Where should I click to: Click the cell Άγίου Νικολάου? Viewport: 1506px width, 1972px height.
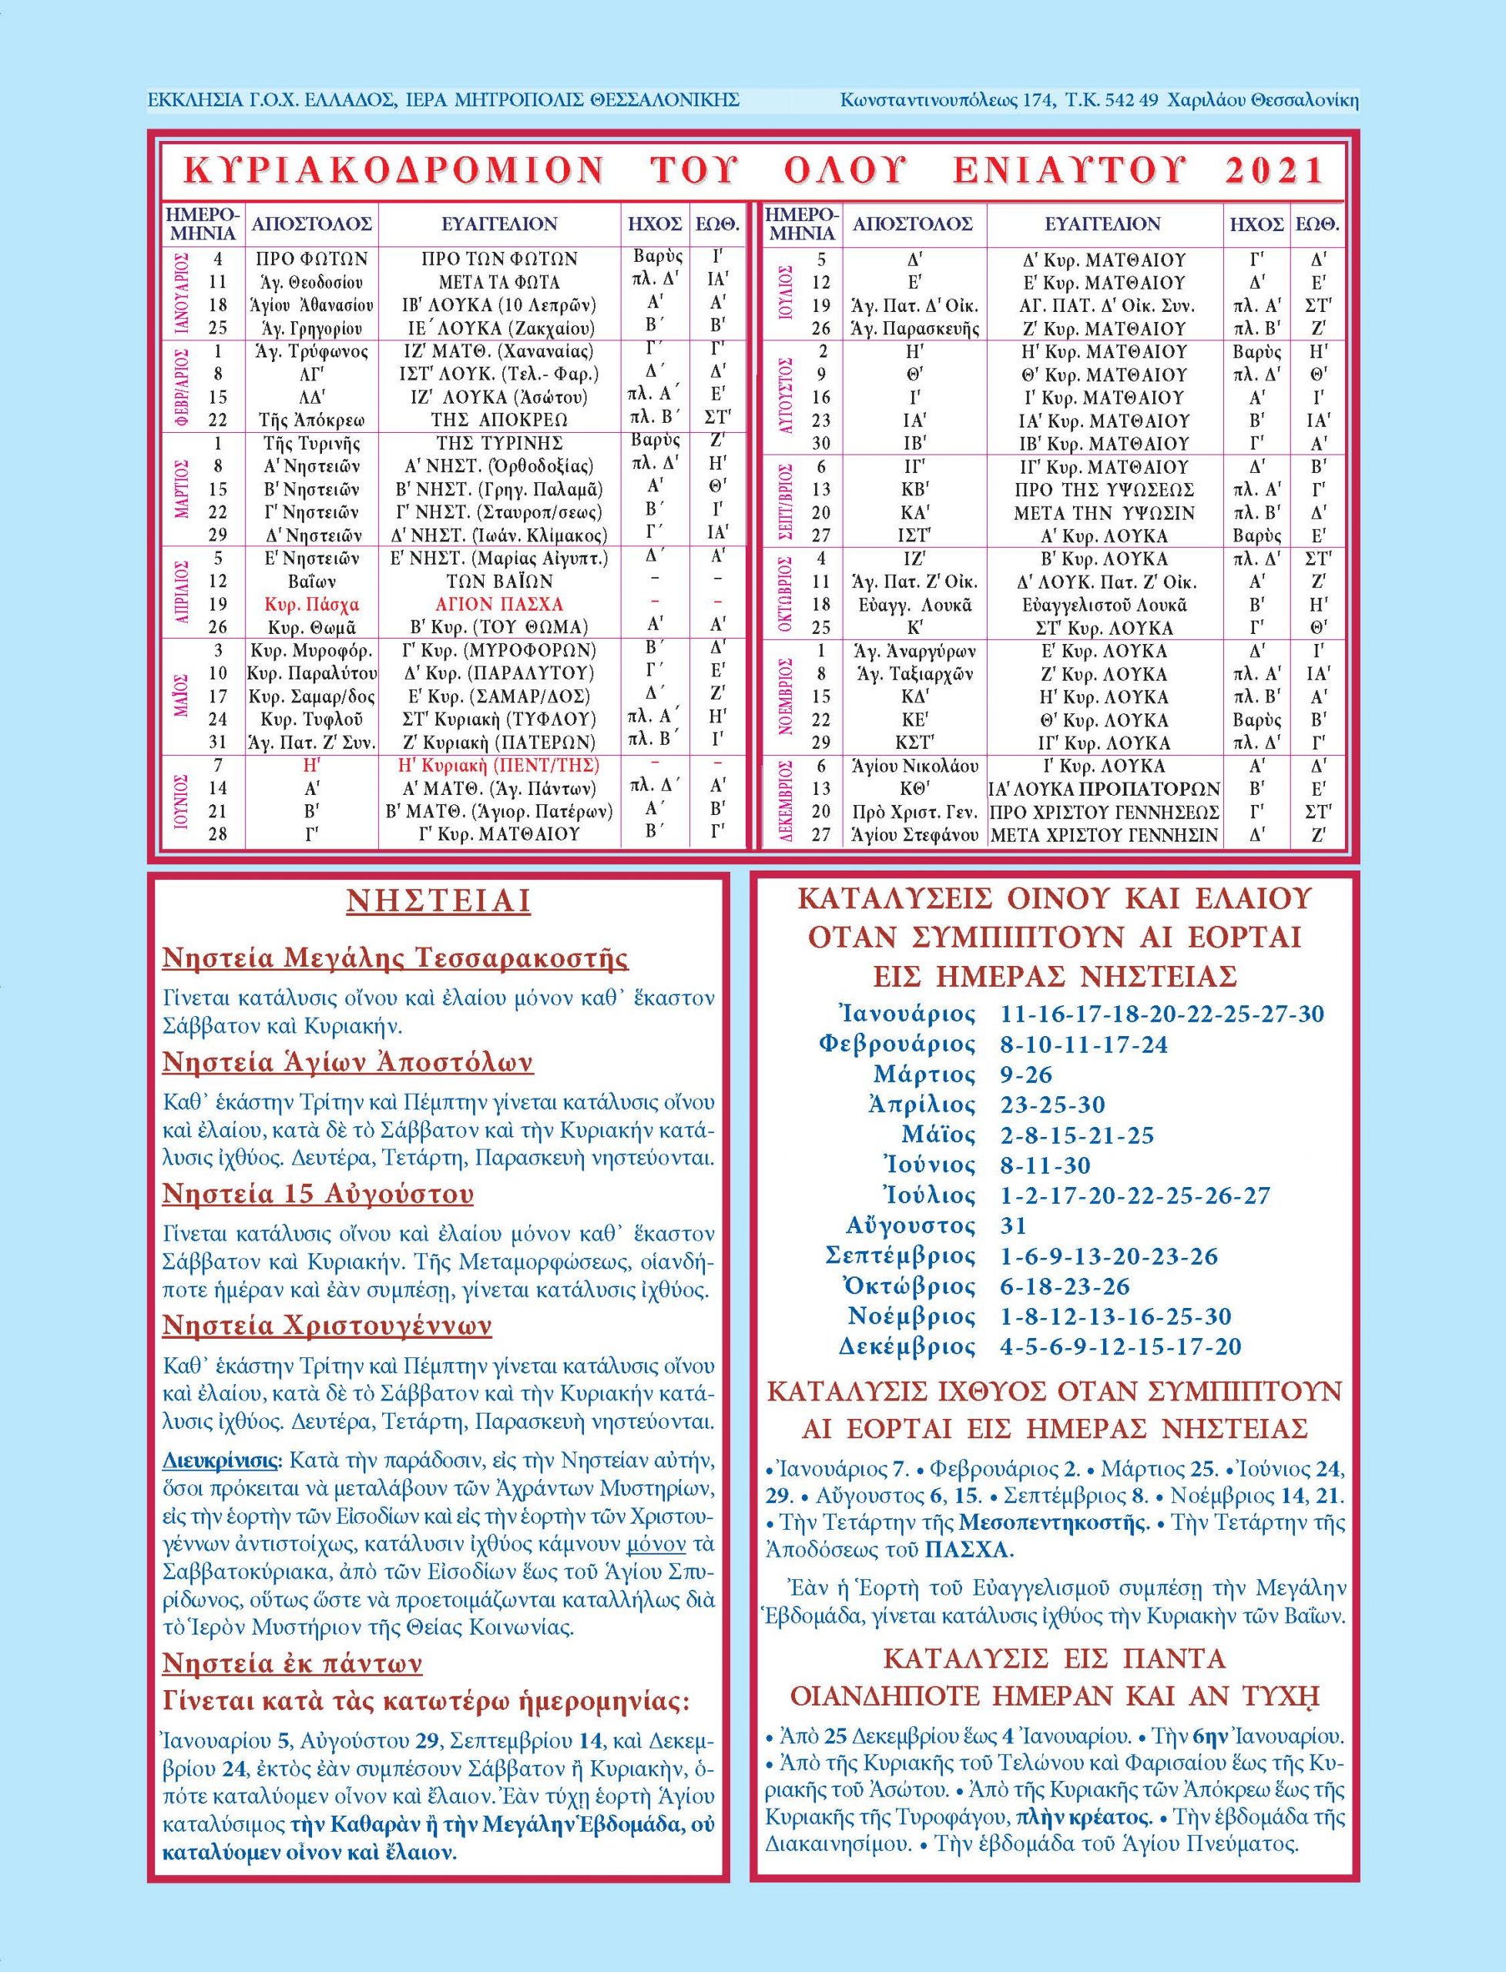pyautogui.click(x=914, y=766)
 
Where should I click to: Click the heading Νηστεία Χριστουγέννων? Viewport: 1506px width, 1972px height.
pyautogui.click(x=327, y=1326)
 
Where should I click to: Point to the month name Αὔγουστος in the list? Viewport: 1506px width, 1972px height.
pyautogui.click(x=910, y=1226)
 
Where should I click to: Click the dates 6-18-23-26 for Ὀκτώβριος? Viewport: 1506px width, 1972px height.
pyautogui.click(x=1064, y=1286)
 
